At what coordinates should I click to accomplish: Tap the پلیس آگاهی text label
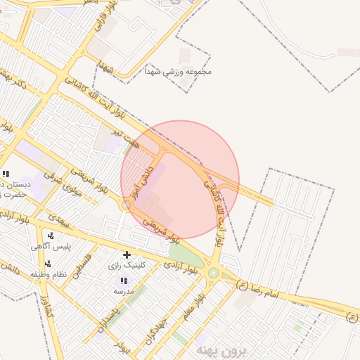[x=49, y=247]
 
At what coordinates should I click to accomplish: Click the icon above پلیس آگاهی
[x=49, y=236]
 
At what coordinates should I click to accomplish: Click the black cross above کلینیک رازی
[x=127, y=255]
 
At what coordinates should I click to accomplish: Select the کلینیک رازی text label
[x=127, y=266]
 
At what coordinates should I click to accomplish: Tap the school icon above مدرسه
[x=124, y=281]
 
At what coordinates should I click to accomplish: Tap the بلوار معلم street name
[x=193, y=307]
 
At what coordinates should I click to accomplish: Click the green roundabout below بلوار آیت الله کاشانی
[x=213, y=272]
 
